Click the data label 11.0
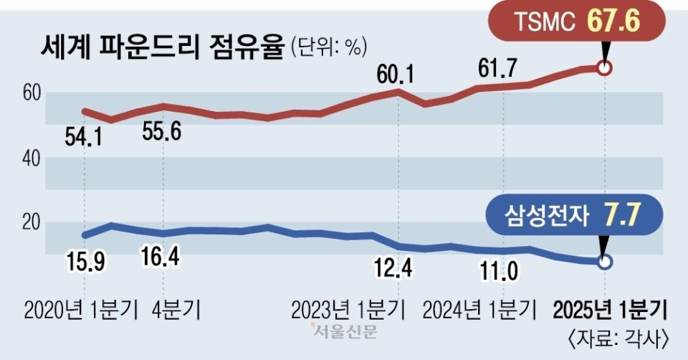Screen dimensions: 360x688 tap(500, 270)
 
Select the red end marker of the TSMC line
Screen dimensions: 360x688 tap(605, 69)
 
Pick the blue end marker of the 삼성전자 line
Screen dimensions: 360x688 tap(605, 262)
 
